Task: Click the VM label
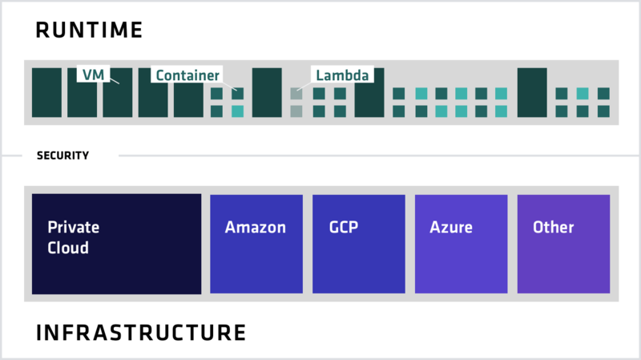(x=91, y=75)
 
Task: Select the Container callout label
(x=187, y=75)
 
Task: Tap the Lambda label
(x=342, y=75)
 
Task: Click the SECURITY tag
(x=71, y=156)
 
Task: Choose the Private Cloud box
(x=116, y=244)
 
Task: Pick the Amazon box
(x=256, y=244)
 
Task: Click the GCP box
(x=359, y=244)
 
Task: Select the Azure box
(x=461, y=244)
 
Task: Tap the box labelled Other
(x=563, y=244)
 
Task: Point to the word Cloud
(x=68, y=248)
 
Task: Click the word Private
(x=74, y=227)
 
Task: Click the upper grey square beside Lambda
(x=296, y=94)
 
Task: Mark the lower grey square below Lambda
(x=296, y=111)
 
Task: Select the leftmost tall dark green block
(x=46, y=93)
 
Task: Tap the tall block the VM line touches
(x=117, y=93)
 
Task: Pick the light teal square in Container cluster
(x=237, y=111)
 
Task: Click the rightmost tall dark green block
(x=532, y=93)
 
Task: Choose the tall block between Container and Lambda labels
(x=267, y=93)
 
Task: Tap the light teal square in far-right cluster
(x=583, y=94)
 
